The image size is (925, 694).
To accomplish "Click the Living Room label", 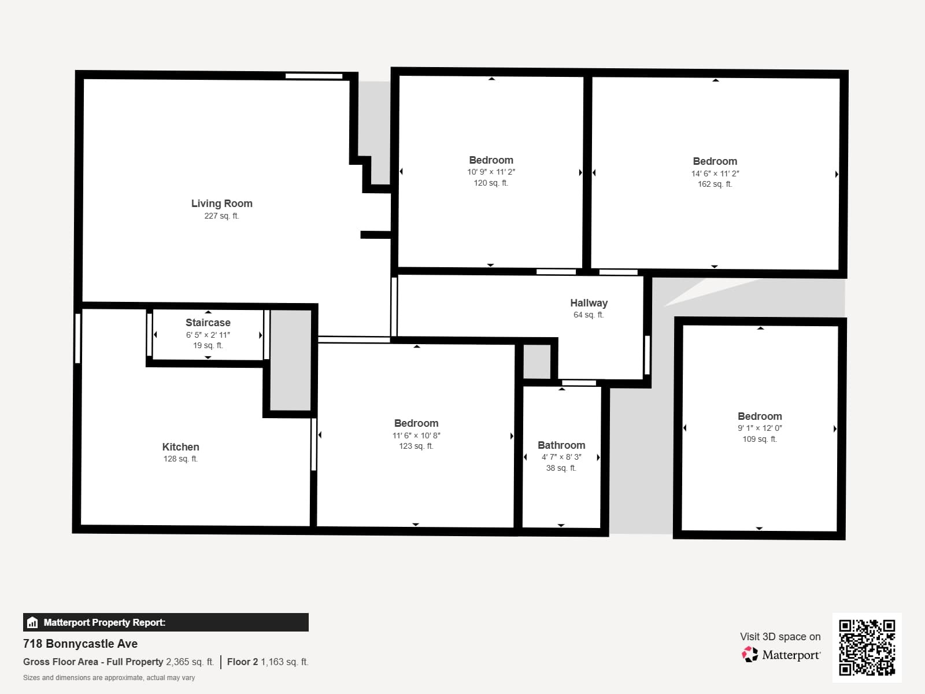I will pyautogui.click(x=221, y=204).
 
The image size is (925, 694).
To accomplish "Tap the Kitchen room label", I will pyautogui.click(x=180, y=447).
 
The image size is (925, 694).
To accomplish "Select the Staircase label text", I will pyautogui.click(x=208, y=323).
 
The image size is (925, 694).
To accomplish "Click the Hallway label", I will pyautogui.click(x=589, y=303).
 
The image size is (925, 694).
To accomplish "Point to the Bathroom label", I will pyautogui.click(x=561, y=445).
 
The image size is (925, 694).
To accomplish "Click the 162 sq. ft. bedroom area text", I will pyautogui.click(x=715, y=184).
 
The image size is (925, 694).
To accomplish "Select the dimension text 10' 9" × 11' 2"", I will pyautogui.click(x=491, y=172).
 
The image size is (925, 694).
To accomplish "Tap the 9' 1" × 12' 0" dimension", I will pyautogui.click(x=760, y=429).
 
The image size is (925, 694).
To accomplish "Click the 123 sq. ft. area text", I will pyautogui.click(x=416, y=446).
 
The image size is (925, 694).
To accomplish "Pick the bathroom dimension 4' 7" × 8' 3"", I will pyautogui.click(x=561, y=457).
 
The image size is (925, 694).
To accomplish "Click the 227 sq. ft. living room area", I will pyautogui.click(x=221, y=216).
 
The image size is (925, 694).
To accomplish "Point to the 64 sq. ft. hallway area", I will pyautogui.click(x=589, y=315).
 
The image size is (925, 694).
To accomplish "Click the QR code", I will pyautogui.click(x=867, y=647).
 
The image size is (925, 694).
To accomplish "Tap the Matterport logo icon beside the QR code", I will pyautogui.click(x=750, y=655).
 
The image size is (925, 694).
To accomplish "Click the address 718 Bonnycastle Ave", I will pyautogui.click(x=80, y=644).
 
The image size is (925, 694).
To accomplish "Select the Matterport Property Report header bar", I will pyautogui.click(x=166, y=622).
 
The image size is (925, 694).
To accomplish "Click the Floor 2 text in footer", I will pyautogui.click(x=242, y=662).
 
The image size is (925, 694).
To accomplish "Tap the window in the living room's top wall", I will pyautogui.click(x=314, y=76).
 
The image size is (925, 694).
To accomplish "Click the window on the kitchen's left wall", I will pyautogui.click(x=77, y=338).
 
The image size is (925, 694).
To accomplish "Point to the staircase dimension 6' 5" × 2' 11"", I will pyautogui.click(x=208, y=335).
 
